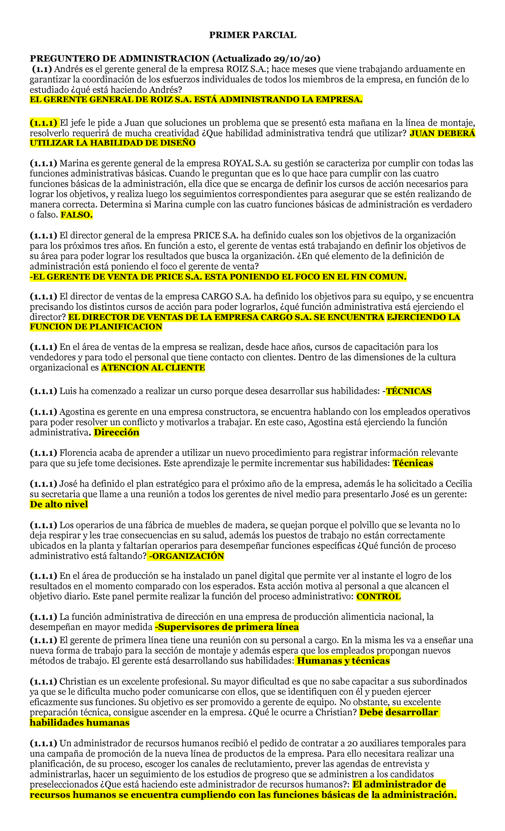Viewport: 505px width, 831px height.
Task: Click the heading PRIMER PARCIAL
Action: (x=252, y=35)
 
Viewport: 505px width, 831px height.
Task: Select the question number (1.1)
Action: (x=42, y=69)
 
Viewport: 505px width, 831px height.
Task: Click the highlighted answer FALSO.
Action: (x=76, y=215)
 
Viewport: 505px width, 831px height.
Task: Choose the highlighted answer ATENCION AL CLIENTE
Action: (x=153, y=368)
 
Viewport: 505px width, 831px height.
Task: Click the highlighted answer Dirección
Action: (x=117, y=432)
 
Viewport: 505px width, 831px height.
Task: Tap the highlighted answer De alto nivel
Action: (x=59, y=504)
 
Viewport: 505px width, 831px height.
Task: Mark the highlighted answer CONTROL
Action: (x=378, y=597)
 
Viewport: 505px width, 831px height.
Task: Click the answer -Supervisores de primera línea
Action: (x=227, y=627)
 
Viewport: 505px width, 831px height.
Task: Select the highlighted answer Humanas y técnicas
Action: (x=343, y=661)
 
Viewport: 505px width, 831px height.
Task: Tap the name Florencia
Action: (x=80, y=453)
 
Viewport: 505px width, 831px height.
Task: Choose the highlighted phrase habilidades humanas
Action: (x=80, y=722)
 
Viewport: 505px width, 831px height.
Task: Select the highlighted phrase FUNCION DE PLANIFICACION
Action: (x=96, y=327)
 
